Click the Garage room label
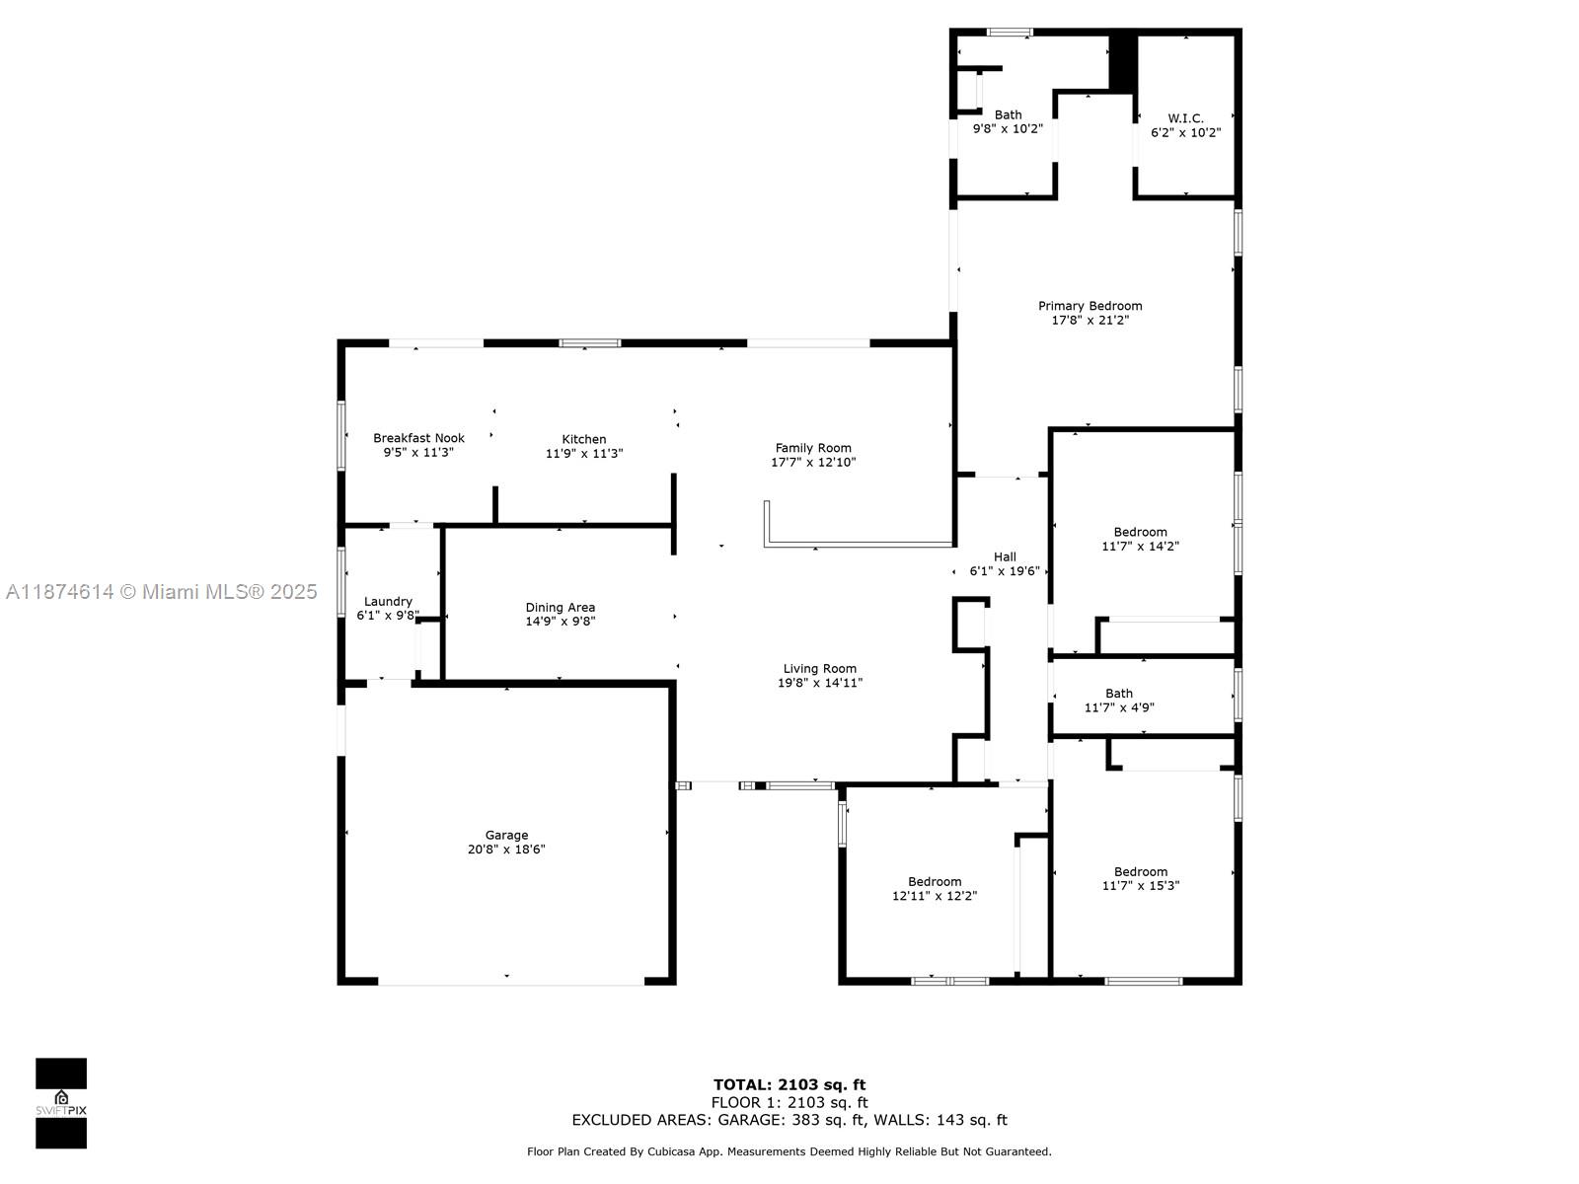(506, 835)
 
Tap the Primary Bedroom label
(1090, 306)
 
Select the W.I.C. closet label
(1185, 118)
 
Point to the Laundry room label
(388, 602)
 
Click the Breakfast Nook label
(418, 438)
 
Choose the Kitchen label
(584, 439)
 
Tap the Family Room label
(813, 448)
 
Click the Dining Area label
(560, 608)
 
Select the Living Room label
(820, 669)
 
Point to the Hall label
(1005, 557)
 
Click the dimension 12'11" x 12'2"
(935, 896)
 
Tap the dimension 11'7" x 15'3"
(1141, 886)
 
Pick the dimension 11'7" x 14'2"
(1141, 546)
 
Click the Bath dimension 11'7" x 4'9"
(1119, 707)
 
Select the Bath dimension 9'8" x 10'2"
(1008, 128)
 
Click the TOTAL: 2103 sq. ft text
(789, 1085)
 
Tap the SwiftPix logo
(61, 1103)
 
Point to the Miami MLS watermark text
(161, 592)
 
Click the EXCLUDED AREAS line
(789, 1120)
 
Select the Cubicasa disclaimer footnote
(789, 1151)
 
